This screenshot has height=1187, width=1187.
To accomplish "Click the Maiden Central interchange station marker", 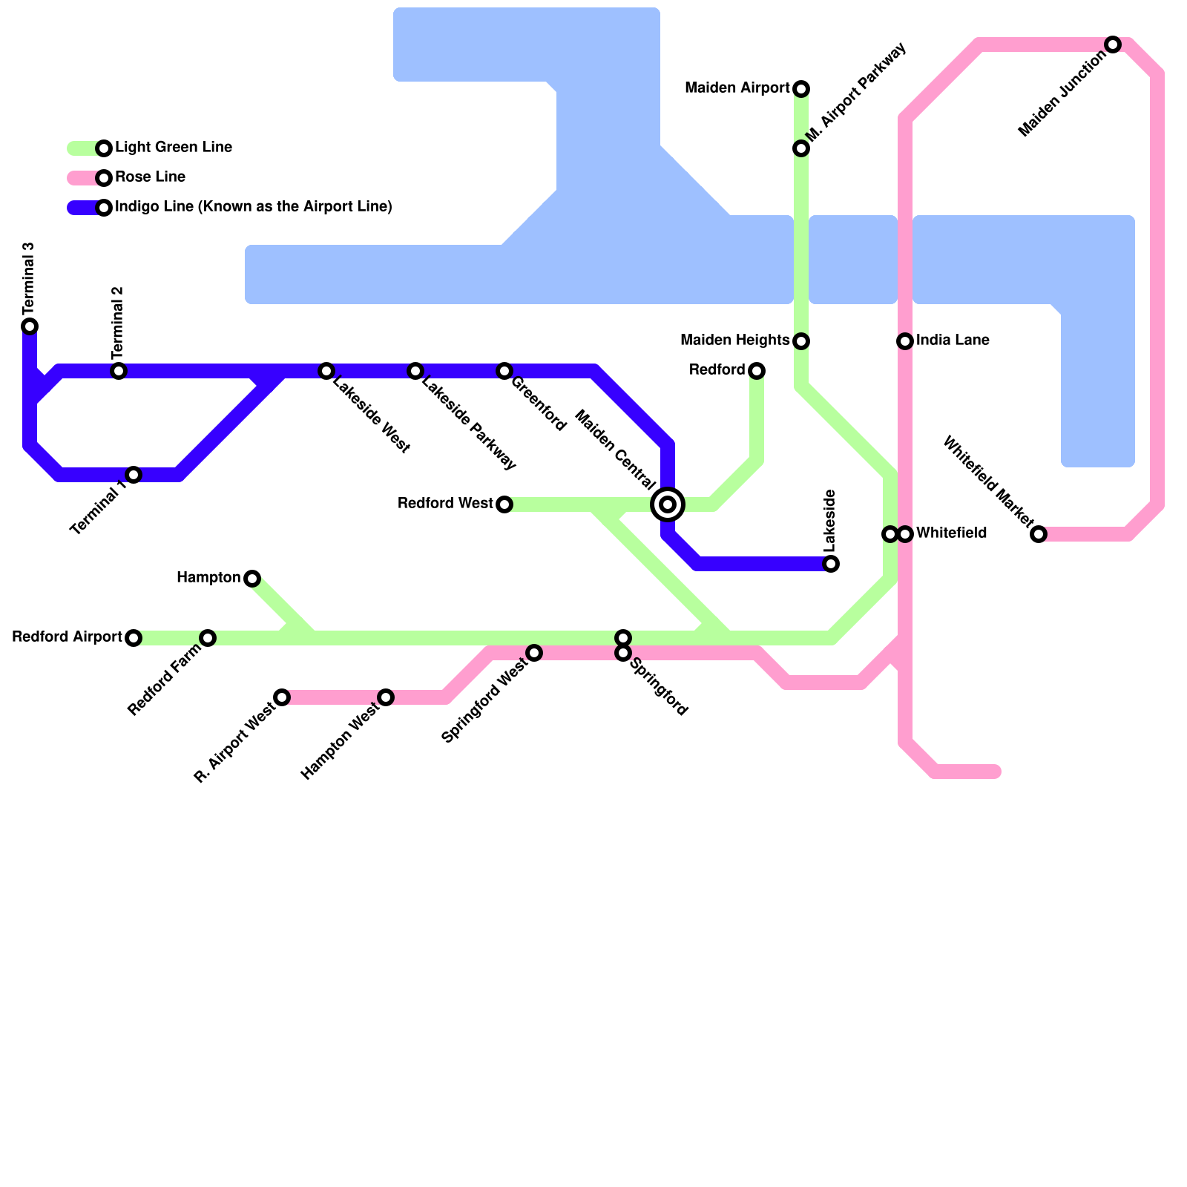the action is pos(668,504).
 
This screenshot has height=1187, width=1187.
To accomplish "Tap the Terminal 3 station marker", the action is pos(30,326).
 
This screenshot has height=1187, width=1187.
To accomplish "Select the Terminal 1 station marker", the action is pos(134,475).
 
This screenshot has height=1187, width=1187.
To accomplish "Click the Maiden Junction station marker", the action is pos(1113,45).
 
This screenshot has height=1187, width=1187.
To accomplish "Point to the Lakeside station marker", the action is pos(831,564).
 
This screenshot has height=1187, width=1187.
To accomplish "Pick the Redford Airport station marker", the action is pos(134,638).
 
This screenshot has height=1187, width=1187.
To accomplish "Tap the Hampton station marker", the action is pos(252,579).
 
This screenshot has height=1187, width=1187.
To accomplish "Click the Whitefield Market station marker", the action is pos(1039,534).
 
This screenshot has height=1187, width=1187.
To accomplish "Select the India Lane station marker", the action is pos(905,341).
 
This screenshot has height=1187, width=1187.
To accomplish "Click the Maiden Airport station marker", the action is pos(801,89).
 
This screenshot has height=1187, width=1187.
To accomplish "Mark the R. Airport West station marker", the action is pos(282,697).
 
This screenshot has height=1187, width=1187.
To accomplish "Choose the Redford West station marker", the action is pos(504,504).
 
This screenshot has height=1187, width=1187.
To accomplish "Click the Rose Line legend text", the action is pos(150,177).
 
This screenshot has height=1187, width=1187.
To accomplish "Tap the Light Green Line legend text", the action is pos(174,148).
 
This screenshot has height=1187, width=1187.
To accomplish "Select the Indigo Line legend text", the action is pos(253,207).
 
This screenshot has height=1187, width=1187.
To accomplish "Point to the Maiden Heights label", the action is pos(734,341).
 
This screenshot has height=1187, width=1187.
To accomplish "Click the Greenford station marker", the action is pos(504,371).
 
